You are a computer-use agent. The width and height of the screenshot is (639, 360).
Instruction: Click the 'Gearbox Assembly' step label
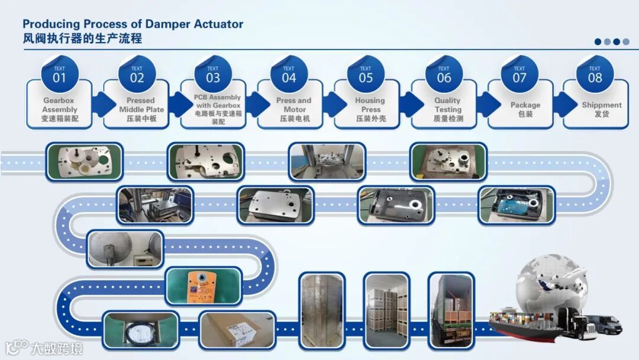tap(59, 110)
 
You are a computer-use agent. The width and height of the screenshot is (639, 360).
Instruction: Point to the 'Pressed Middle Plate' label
tap(140, 110)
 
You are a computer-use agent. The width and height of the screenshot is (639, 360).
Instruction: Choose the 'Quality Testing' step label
tap(447, 110)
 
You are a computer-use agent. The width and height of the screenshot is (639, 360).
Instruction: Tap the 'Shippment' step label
tap(601, 109)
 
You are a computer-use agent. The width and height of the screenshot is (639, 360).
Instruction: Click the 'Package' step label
tap(525, 109)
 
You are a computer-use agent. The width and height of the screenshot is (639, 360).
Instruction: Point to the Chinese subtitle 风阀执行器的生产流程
tap(82, 39)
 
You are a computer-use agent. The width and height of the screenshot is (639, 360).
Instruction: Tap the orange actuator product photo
tap(204, 285)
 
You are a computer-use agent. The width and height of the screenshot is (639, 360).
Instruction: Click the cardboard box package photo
tap(237, 329)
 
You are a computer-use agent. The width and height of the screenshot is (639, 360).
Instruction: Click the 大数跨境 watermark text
tap(57, 348)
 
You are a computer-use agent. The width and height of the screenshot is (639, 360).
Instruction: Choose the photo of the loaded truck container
tap(451, 310)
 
